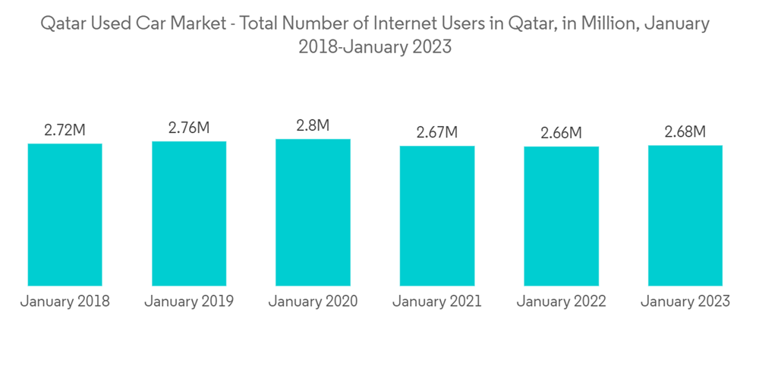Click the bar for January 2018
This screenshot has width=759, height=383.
(x=65, y=214)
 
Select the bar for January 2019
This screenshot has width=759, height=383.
(x=189, y=214)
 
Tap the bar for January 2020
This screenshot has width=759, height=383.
(x=313, y=212)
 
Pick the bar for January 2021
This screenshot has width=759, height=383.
(x=437, y=216)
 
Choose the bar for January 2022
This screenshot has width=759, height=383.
(x=561, y=216)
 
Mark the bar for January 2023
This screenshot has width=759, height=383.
(x=685, y=215)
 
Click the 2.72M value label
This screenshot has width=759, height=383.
(x=65, y=131)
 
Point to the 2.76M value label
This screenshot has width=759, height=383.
(x=189, y=128)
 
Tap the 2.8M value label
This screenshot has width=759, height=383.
(x=313, y=125)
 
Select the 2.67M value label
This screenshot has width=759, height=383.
(x=437, y=132)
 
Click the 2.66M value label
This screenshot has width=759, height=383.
(x=561, y=133)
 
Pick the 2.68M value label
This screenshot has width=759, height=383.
(x=685, y=131)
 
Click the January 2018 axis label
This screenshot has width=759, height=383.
(x=65, y=302)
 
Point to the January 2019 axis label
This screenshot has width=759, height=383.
(x=189, y=302)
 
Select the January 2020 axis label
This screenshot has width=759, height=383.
(x=313, y=302)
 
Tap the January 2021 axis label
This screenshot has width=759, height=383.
(x=437, y=302)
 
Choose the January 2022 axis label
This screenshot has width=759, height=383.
(x=561, y=302)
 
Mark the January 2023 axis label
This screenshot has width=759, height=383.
(x=685, y=302)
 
